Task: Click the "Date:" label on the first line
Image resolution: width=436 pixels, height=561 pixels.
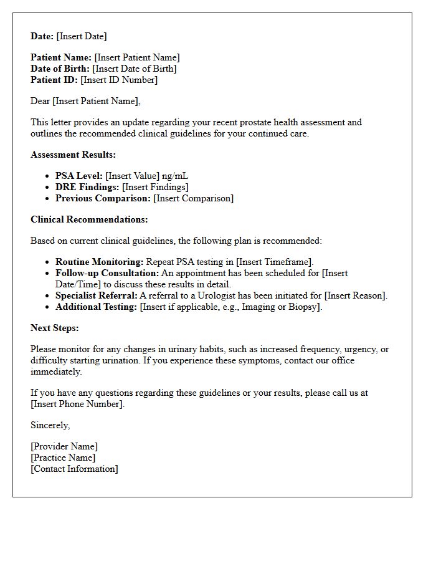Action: [42, 36]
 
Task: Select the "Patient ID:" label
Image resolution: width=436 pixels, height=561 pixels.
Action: [54, 80]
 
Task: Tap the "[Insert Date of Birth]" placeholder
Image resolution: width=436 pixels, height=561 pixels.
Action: [135, 69]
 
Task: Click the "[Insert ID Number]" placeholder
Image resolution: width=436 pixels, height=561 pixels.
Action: [119, 80]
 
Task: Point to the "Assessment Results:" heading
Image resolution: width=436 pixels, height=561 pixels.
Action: [73, 155]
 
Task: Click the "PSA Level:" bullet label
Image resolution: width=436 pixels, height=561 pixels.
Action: [79, 176]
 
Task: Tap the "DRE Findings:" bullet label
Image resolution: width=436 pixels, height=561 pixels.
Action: [87, 187]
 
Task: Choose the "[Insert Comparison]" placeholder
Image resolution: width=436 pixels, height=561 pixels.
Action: [194, 198]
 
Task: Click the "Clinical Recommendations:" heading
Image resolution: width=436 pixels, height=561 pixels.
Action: [89, 219]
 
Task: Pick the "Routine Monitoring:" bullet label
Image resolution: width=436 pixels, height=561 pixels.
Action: [100, 262]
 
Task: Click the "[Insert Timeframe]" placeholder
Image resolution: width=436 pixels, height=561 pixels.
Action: [275, 262]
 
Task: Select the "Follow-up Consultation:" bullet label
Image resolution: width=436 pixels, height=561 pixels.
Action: [107, 273]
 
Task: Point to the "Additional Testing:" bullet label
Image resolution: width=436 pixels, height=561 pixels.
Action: [96, 307]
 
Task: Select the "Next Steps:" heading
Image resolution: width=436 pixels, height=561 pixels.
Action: [55, 328]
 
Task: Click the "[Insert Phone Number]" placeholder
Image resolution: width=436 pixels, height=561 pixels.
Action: [77, 404]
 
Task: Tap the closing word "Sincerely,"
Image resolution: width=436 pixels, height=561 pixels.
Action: [50, 425]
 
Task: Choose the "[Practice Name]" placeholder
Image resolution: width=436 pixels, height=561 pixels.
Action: [63, 458]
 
